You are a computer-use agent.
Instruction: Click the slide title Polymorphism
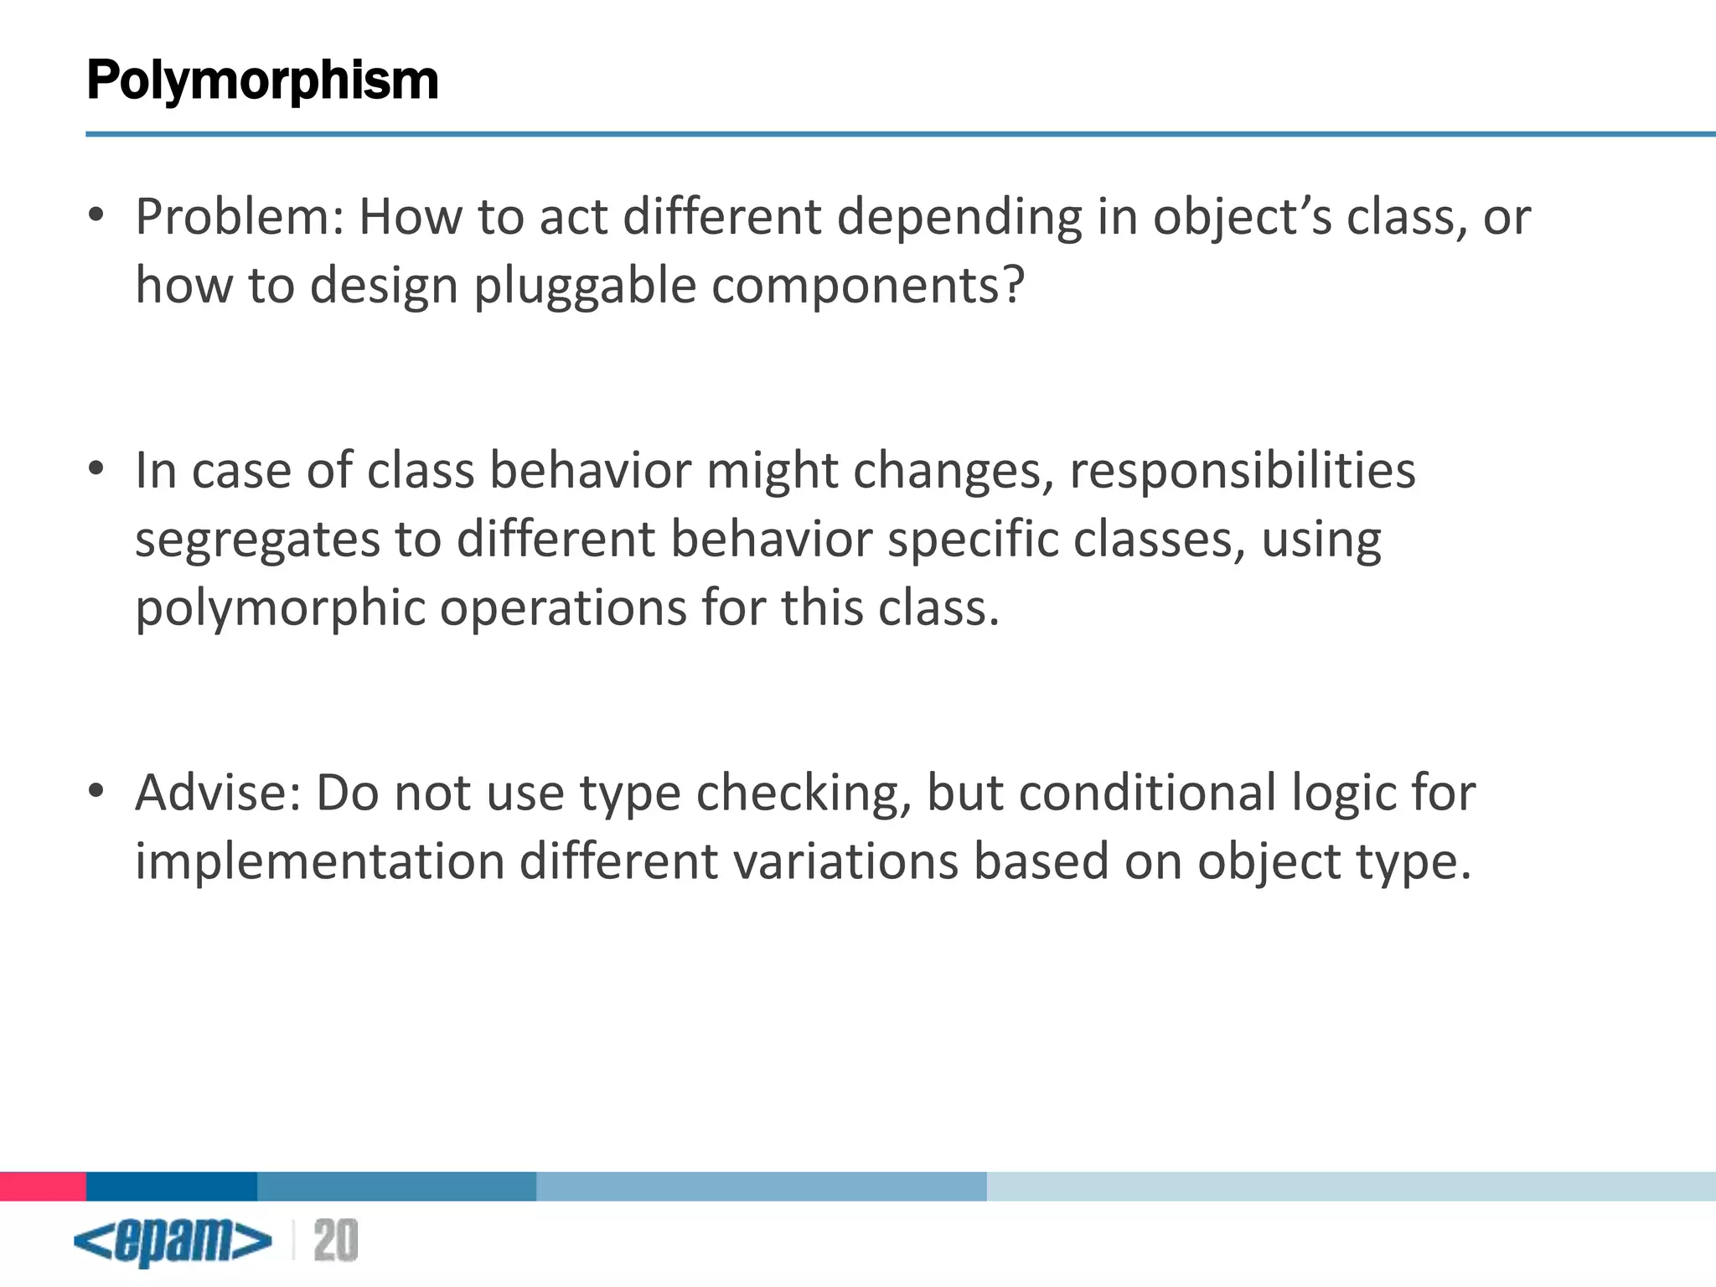click(262, 80)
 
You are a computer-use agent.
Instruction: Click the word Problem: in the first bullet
click(240, 217)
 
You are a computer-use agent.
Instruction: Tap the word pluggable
click(584, 286)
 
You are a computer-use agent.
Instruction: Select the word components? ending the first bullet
click(868, 286)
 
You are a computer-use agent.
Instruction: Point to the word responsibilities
click(1242, 470)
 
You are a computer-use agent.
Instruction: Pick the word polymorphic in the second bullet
click(280, 608)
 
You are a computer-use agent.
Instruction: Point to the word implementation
click(319, 861)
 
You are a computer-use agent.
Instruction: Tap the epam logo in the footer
click(173, 1241)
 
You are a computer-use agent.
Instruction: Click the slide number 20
click(336, 1241)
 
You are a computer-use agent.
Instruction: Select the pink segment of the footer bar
click(43, 1186)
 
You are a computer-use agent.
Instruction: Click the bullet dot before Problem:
click(96, 215)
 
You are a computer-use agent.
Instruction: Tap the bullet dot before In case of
click(96, 469)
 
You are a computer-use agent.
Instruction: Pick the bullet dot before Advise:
click(96, 791)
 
